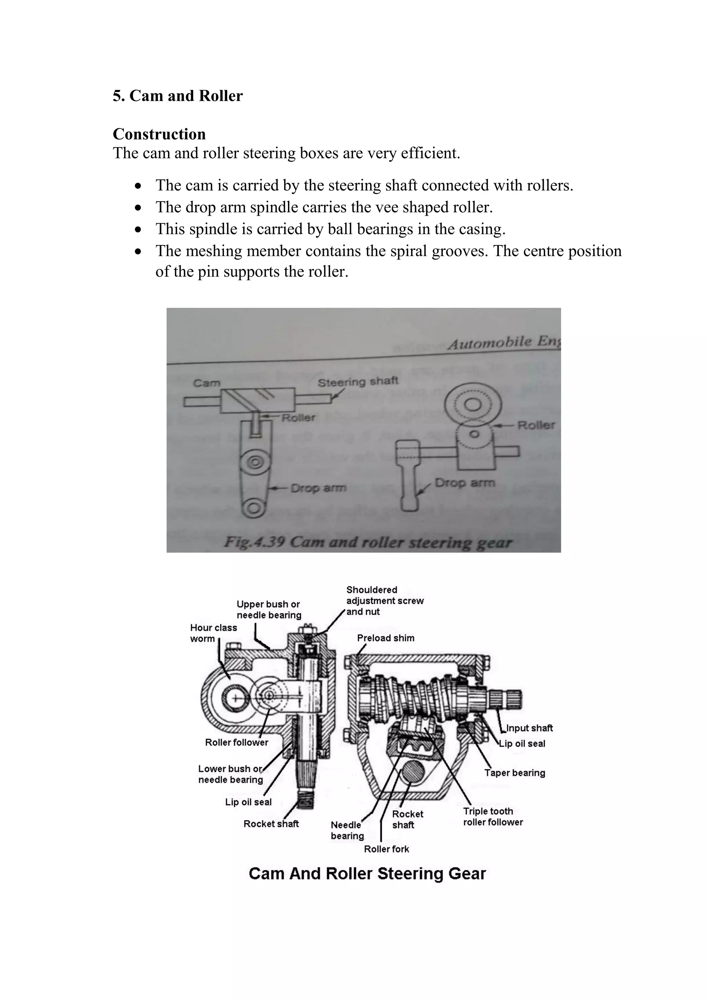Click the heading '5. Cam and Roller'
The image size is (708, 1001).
point(177,96)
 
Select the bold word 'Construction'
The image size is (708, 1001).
point(159,134)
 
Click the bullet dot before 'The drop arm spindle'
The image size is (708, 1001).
point(138,208)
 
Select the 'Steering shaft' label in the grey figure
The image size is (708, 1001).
point(357,382)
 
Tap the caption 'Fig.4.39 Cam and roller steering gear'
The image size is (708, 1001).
point(367,542)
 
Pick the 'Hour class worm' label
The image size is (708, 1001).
point(213,633)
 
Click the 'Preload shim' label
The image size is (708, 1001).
point(385,638)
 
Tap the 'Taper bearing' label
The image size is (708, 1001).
point(514,773)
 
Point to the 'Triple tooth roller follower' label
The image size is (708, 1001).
point(493,816)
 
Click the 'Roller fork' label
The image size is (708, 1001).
point(386,849)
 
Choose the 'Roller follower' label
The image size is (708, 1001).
point(236,742)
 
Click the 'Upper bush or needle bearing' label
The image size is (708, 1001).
point(269,609)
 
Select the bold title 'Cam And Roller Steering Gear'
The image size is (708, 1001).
point(367,874)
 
